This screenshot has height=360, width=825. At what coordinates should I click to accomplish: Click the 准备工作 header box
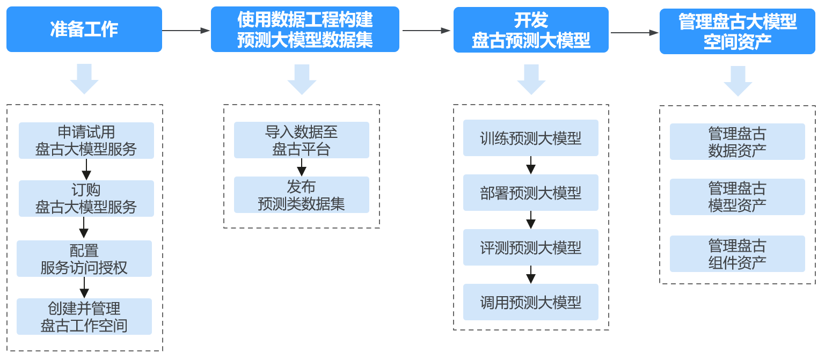point(84,30)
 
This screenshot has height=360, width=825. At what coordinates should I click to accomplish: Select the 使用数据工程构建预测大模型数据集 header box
point(305,30)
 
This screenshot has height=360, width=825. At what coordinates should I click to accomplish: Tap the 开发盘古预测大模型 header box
point(531,30)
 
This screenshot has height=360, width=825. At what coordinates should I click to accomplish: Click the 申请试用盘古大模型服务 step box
point(86,141)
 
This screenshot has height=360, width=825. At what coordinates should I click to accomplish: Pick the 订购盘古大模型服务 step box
point(86,199)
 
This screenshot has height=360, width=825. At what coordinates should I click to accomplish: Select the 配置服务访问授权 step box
point(84,259)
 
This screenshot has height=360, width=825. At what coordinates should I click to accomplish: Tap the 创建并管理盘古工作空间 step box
point(84,317)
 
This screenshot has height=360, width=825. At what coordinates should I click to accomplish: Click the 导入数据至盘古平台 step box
point(302,140)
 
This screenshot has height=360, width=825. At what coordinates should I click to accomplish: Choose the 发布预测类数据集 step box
point(302,195)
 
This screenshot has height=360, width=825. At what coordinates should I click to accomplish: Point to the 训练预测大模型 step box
point(531,138)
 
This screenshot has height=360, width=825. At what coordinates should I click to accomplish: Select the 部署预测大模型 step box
point(531,193)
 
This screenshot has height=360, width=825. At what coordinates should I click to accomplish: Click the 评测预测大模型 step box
point(531,247)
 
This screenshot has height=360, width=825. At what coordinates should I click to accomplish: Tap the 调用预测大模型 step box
point(531,302)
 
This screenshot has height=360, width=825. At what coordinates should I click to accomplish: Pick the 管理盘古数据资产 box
point(738,142)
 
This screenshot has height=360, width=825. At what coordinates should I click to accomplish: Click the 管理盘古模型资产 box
point(738,197)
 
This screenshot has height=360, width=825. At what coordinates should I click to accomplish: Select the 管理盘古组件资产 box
point(738,254)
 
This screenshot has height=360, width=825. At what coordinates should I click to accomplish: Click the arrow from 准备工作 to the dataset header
point(186,31)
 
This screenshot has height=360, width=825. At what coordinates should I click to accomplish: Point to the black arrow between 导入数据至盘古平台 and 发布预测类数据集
point(302,167)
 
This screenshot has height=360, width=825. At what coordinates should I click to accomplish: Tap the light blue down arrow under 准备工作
point(84,79)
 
